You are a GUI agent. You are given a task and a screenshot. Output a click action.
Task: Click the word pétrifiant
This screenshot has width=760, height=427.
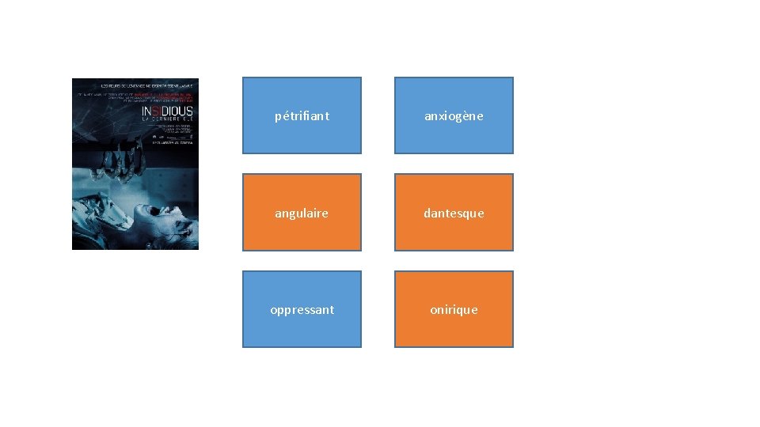302,116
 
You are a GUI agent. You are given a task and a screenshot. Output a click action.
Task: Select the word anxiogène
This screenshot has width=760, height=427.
454,116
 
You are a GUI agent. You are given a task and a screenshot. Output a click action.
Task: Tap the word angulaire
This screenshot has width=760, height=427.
302,213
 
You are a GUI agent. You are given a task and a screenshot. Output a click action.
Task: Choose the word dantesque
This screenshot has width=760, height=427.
454,213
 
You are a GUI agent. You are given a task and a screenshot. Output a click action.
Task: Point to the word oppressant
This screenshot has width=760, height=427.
302,310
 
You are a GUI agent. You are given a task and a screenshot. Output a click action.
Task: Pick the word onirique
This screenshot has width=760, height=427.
454,310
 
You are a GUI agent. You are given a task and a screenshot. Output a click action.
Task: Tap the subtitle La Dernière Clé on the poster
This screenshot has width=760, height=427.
166,119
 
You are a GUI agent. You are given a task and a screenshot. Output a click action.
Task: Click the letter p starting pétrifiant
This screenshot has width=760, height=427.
278,117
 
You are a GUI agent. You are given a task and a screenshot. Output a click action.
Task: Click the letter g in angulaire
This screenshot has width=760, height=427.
293,215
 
